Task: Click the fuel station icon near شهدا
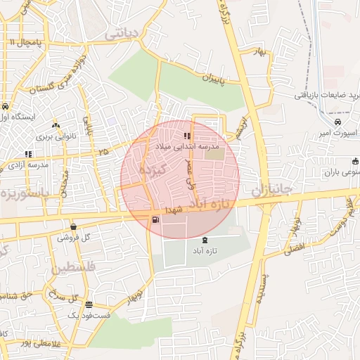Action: pos(155,219)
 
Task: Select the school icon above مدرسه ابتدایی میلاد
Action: pos(186,136)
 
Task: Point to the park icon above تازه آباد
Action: pos(205,240)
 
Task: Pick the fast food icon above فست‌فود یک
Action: pos(89,305)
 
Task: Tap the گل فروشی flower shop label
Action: pos(76,238)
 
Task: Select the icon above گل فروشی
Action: pos(74,226)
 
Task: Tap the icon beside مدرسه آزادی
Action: pos(28,154)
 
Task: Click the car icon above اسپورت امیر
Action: pos(338,122)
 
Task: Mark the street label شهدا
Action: pos(174,210)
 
